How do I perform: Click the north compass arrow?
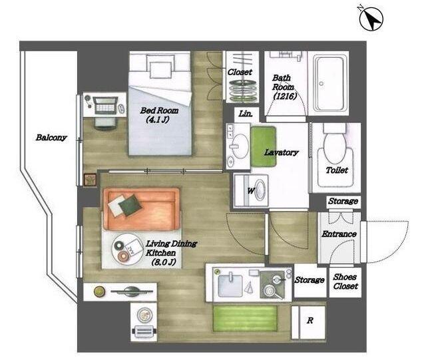coord(371,19)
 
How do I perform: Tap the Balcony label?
coord(51,138)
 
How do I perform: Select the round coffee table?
coord(128,249)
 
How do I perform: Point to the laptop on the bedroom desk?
coord(105,106)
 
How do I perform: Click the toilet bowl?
coord(335,144)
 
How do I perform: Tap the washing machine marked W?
coord(251,191)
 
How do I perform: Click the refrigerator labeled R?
coord(308,322)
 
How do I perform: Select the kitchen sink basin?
coord(230,285)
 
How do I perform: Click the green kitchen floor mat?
coord(245,319)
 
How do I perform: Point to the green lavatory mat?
coord(264,146)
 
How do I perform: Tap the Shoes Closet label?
coord(345,281)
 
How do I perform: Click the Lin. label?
coord(246,114)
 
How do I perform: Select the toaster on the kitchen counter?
coord(144,331)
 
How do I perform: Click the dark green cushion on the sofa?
coord(130,205)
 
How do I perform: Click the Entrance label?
coord(339,234)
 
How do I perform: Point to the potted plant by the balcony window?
coord(91,180)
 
